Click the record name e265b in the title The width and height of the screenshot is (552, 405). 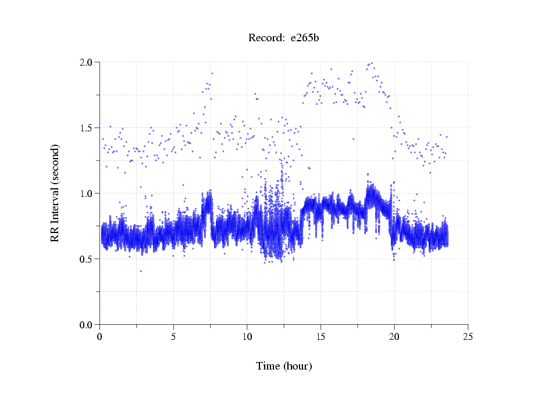pyautogui.click(x=305, y=38)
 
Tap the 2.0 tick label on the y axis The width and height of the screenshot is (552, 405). pyautogui.click(x=88, y=62)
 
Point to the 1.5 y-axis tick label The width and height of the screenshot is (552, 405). pyautogui.click(x=88, y=127)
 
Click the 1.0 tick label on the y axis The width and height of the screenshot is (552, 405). pyautogui.click(x=88, y=193)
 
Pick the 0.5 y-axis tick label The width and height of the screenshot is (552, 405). pyautogui.click(x=88, y=259)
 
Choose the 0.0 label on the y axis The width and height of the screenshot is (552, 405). pyautogui.click(x=88, y=324)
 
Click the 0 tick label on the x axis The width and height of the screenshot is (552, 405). pyautogui.click(x=100, y=336)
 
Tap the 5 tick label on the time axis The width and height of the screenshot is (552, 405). pyautogui.click(x=173, y=336)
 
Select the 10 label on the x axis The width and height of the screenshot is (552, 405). pyautogui.click(x=247, y=336)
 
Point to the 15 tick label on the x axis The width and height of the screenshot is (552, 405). pyautogui.click(x=320, y=336)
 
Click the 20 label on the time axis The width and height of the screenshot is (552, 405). pyautogui.click(x=394, y=336)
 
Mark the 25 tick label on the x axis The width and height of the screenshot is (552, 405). pyautogui.click(x=468, y=336)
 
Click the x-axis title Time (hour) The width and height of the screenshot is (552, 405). pyautogui.click(x=284, y=366)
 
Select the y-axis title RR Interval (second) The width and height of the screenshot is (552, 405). pyautogui.click(x=55, y=193)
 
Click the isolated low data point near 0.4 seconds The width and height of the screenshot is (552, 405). pyautogui.click(x=141, y=271)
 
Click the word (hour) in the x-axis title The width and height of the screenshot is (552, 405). pyautogui.click(x=297, y=366)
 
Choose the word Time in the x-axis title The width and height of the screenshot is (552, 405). pyautogui.click(x=268, y=366)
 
